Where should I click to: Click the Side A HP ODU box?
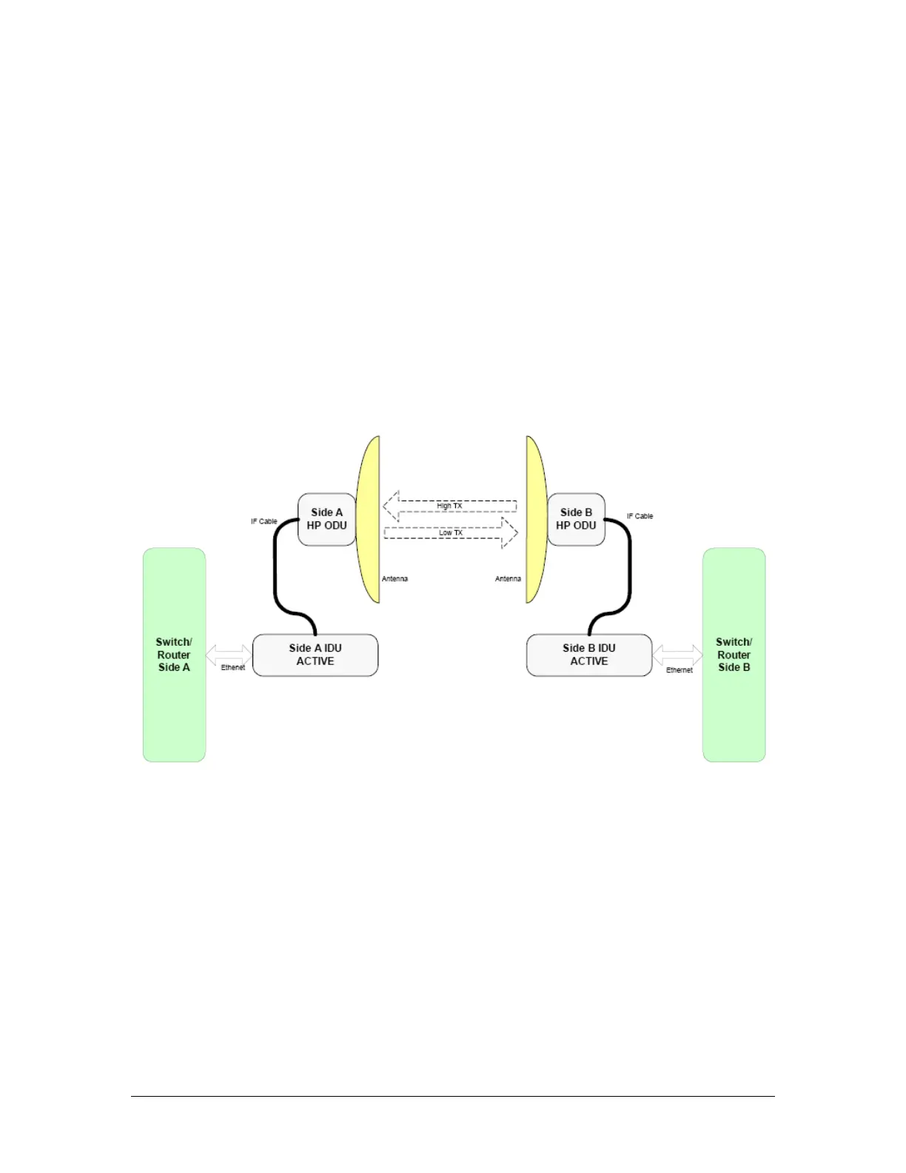point(326,519)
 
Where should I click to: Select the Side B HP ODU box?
point(576,519)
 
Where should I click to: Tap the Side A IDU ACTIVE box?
point(315,655)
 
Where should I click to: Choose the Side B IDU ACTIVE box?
point(588,655)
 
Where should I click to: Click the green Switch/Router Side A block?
point(174,655)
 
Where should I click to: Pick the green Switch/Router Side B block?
point(734,655)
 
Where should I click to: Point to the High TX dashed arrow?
point(449,506)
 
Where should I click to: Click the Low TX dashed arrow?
point(451,532)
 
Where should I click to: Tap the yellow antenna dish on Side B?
point(536,518)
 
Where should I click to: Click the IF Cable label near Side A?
point(264,521)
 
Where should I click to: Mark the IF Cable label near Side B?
point(640,516)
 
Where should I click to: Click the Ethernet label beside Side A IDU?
point(232,668)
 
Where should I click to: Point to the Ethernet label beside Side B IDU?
point(679,670)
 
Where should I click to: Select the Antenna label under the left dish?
point(395,579)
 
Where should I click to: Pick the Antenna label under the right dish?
point(508,579)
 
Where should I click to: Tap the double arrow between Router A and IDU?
point(229,655)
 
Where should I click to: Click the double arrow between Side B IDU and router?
point(677,655)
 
